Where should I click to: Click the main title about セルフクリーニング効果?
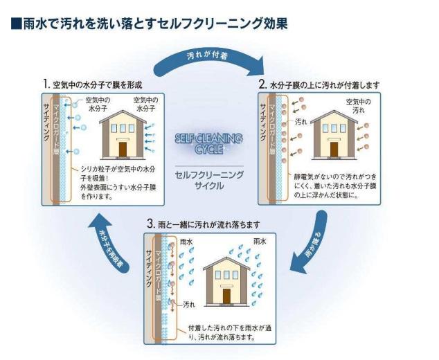[150, 24]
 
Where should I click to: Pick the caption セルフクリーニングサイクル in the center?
[209, 181]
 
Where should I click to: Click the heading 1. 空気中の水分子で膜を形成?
[93, 84]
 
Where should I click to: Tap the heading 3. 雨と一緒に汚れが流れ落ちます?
[204, 225]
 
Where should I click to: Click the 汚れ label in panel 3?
[189, 304]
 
